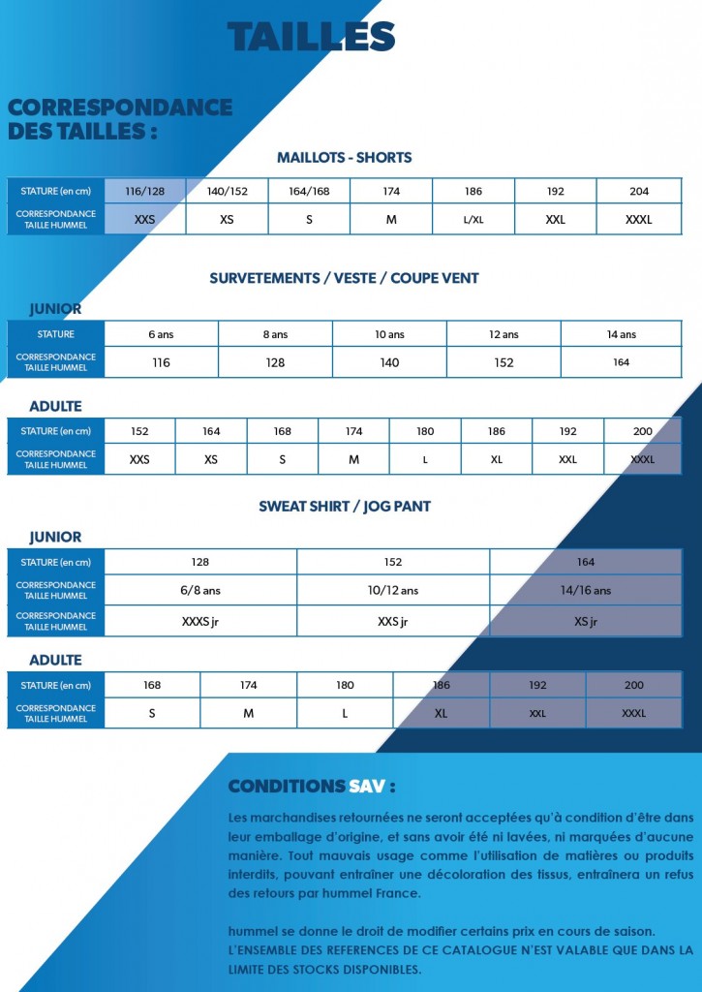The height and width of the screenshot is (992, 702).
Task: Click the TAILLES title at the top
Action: (x=311, y=37)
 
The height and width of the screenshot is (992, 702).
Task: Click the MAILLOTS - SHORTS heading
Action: (x=344, y=158)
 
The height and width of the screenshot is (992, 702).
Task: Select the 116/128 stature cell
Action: (x=145, y=192)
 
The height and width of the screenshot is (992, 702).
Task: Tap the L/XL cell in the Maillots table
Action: (x=473, y=220)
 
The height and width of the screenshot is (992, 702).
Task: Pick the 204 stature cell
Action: (x=639, y=192)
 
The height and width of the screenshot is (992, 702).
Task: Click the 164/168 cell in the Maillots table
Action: (x=309, y=192)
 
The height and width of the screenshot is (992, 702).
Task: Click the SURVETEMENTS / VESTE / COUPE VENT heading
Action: (x=344, y=278)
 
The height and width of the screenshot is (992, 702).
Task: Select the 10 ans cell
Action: (x=389, y=334)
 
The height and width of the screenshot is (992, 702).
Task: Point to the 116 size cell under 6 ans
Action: (x=161, y=362)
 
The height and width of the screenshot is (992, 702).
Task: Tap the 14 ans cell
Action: (x=621, y=334)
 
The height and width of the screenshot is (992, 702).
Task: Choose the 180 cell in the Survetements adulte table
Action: (x=425, y=431)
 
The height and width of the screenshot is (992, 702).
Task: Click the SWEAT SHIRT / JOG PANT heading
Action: (x=344, y=507)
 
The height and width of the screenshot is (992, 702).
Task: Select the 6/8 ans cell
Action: (x=200, y=590)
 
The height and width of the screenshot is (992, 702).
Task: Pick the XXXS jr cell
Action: (x=200, y=621)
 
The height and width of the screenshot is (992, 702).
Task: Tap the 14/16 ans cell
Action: (x=586, y=590)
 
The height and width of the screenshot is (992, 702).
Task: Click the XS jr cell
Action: (x=586, y=621)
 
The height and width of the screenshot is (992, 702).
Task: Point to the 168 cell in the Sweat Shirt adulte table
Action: (x=152, y=685)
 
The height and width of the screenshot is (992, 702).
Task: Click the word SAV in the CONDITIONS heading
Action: (x=368, y=786)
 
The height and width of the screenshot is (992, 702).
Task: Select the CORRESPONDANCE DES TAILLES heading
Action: (x=119, y=119)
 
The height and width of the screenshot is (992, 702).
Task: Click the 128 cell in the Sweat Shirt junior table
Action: (x=200, y=562)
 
